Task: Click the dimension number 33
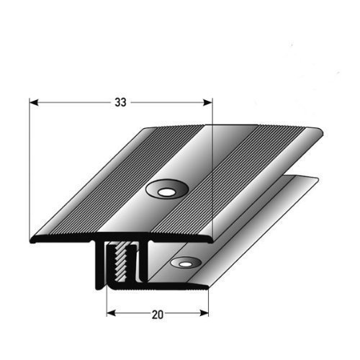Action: pyautogui.click(x=120, y=102)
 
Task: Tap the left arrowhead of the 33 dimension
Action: pyautogui.click(x=34, y=102)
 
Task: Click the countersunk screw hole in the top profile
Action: pyautogui.click(x=166, y=191)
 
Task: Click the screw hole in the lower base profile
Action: pyautogui.click(x=186, y=264)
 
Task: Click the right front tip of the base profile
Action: pyautogui.click(x=207, y=286)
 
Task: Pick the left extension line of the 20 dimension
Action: pyautogui.click(x=107, y=302)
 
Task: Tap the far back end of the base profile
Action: pyautogui.click(x=317, y=180)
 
